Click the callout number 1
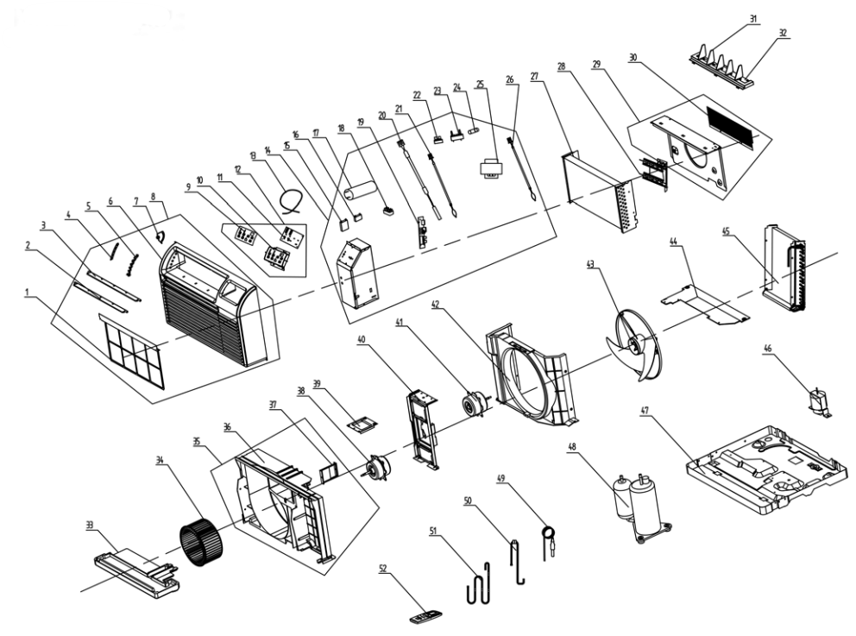pyautogui.click(x=30, y=294)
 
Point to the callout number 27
pyautogui.click(x=535, y=76)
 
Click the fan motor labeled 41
pyautogui.click(x=474, y=404)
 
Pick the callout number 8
pyautogui.click(x=154, y=196)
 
